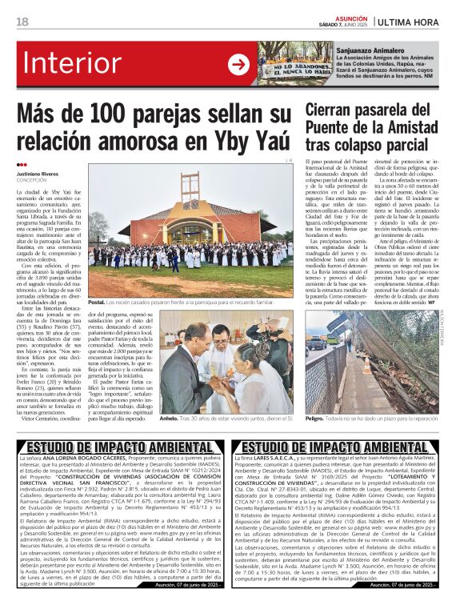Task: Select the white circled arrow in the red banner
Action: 238,65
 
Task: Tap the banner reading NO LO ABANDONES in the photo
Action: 292,68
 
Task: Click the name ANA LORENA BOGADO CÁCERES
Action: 83,459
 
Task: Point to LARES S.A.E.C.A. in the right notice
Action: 276,459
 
